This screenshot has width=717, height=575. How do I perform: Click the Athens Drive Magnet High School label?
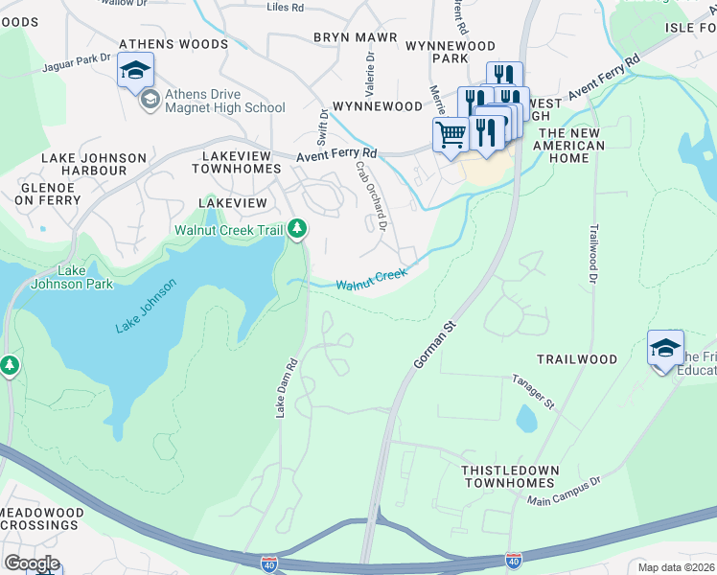pyautogui.click(x=224, y=101)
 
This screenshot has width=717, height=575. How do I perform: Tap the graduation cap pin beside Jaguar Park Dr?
pyautogui.click(x=136, y=70)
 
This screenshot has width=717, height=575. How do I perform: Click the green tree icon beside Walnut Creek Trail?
pyautogui.click(x=298, y=228)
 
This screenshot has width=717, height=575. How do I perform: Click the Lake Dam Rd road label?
pyautogui.click(x=282, y=388)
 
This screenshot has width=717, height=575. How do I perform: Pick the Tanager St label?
pyautogui.click(x=533, y=392)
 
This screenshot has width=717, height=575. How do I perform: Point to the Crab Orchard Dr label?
pyautogui.click(x=370, y=195)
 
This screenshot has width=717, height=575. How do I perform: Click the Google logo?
pyautogui.click(x=32, y=563)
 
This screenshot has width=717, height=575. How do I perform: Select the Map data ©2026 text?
pyautogui.click(x=676, y=567)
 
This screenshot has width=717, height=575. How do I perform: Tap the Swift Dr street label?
pyautogui.click(x=323, y=126)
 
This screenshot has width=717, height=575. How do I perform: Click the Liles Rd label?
pyautogui.click(x=286, y=8)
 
